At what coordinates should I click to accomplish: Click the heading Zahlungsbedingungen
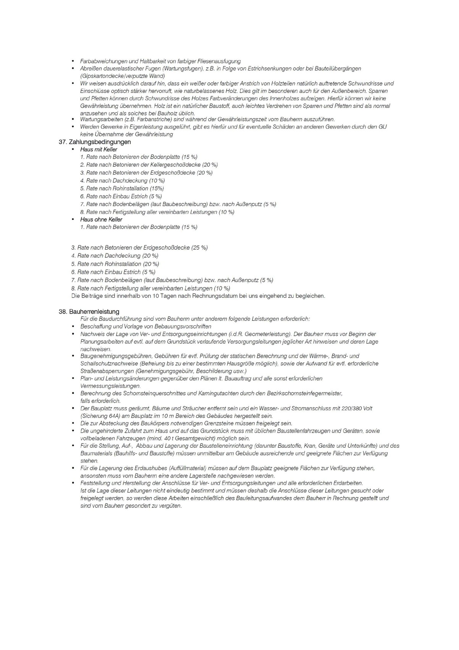(100, 142)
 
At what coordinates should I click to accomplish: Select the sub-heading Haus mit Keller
(99, 149)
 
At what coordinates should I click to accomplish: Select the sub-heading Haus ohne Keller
(101, 219)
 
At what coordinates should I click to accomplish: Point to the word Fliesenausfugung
(219, 61)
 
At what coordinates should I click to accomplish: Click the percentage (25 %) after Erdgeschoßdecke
(199, 248)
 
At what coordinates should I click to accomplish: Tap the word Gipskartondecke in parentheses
(103, 76)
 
